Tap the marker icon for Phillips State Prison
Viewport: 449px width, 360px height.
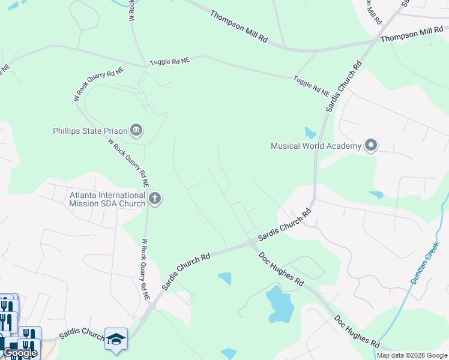136,130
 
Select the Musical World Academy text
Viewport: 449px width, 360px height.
315,146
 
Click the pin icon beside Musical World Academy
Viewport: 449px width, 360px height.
371,146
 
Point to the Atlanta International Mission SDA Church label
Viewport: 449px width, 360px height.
107,199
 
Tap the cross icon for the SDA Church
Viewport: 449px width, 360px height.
155,199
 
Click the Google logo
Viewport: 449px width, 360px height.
20,353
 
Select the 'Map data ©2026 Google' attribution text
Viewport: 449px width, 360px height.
411,355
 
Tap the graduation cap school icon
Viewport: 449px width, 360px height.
116,337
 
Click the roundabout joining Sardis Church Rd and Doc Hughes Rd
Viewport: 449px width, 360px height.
251,242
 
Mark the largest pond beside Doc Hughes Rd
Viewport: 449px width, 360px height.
279,304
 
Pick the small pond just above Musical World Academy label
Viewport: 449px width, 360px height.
310,132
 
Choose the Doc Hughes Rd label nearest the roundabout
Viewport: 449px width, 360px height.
281,268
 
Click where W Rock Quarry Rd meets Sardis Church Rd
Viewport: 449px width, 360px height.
151,304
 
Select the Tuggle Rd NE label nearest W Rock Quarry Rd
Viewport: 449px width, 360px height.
170,61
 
